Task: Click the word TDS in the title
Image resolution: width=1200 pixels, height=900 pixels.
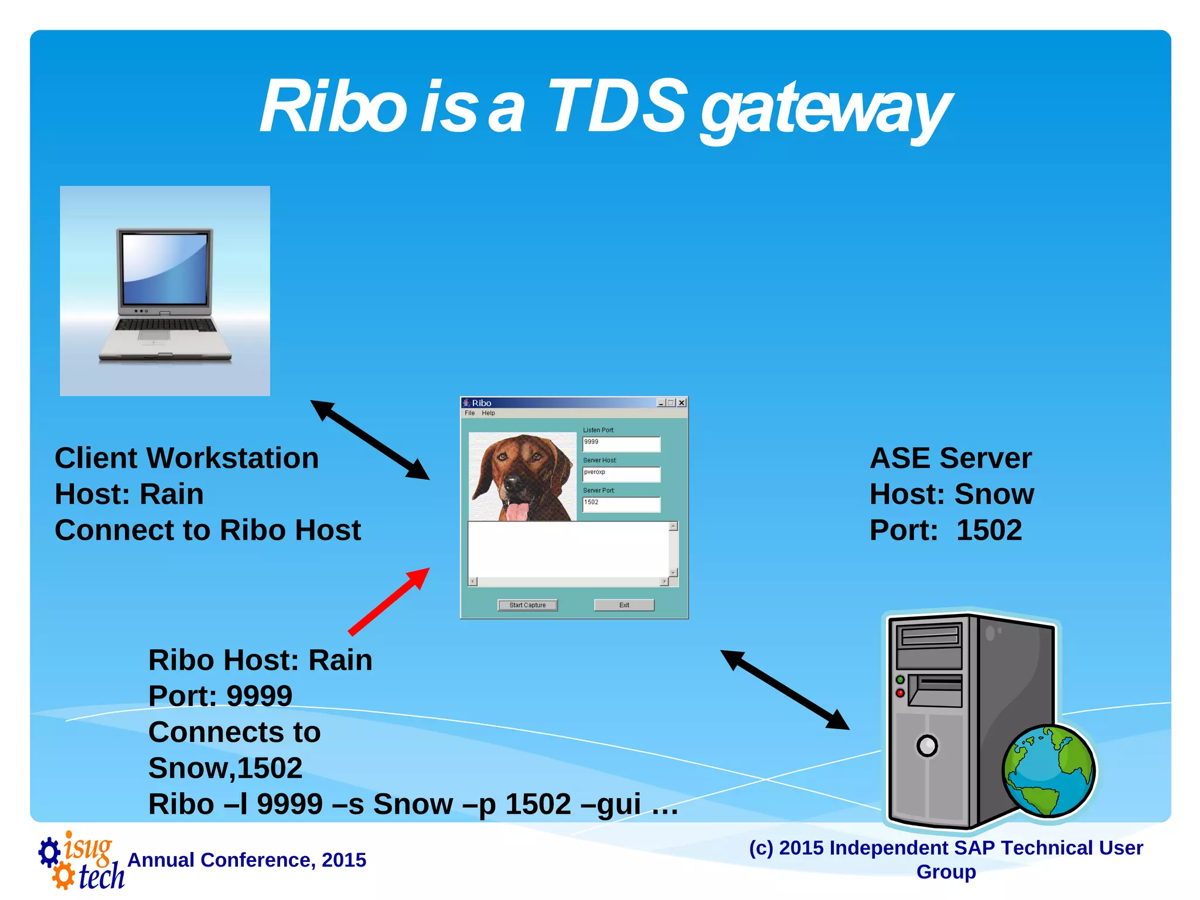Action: (616, 107)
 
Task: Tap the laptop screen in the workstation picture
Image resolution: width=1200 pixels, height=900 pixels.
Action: (165, 269)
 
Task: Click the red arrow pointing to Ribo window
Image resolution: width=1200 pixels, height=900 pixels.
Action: (389, 602)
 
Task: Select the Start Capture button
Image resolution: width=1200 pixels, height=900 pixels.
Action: (527, 605)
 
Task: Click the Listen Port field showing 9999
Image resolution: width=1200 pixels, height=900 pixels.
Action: (621, 444)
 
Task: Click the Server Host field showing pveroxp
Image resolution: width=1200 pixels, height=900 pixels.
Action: (621, 473)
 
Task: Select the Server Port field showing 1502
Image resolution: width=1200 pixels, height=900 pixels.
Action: (621, 503)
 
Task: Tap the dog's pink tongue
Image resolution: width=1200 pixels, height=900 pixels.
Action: (517, 510)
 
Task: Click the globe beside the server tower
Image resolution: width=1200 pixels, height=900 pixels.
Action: (1048, 771)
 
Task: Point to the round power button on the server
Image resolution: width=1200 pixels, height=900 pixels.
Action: (927, 746)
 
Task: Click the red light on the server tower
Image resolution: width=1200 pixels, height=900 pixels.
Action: (901, 693)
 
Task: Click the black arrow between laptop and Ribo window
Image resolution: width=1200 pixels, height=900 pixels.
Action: (370, 440)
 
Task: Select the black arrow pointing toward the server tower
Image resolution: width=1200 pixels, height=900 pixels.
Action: (785, 690)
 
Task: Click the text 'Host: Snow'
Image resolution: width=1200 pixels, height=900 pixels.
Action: (952, 494)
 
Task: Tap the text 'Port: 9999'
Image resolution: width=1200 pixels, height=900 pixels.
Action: (220, 696)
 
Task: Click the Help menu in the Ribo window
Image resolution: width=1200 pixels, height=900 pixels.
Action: (488, 413)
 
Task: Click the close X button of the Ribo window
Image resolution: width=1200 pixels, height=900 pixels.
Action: (681, 403)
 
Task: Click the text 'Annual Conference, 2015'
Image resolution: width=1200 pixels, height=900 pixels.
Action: (247, 860)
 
